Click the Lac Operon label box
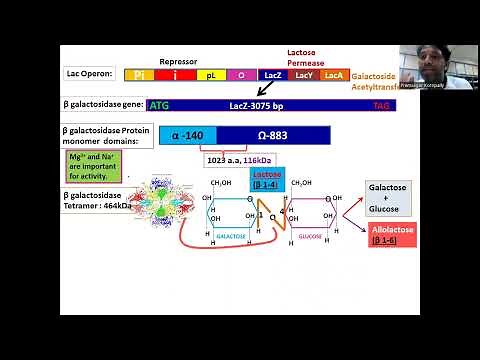(88, 75)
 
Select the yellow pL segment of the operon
(211, 75)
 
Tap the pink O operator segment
(241, 75)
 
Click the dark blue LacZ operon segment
(273, 75)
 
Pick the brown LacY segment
(304, 75)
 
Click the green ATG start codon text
(158, 104)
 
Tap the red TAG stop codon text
(381, 104)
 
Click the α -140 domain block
(188, 136)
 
